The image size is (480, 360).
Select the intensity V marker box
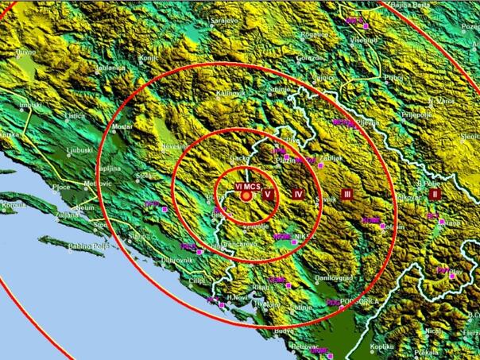pyautogui.click(x=268, y=194)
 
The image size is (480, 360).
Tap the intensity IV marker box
pyautogui.click(x=297, y=194)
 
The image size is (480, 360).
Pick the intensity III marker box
pyautogui.click(x=346, y=194)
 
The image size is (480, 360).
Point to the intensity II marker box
pyautogui.click(x=434, y=193)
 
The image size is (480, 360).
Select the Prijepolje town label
pyautogui.click(x=414, y=114)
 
